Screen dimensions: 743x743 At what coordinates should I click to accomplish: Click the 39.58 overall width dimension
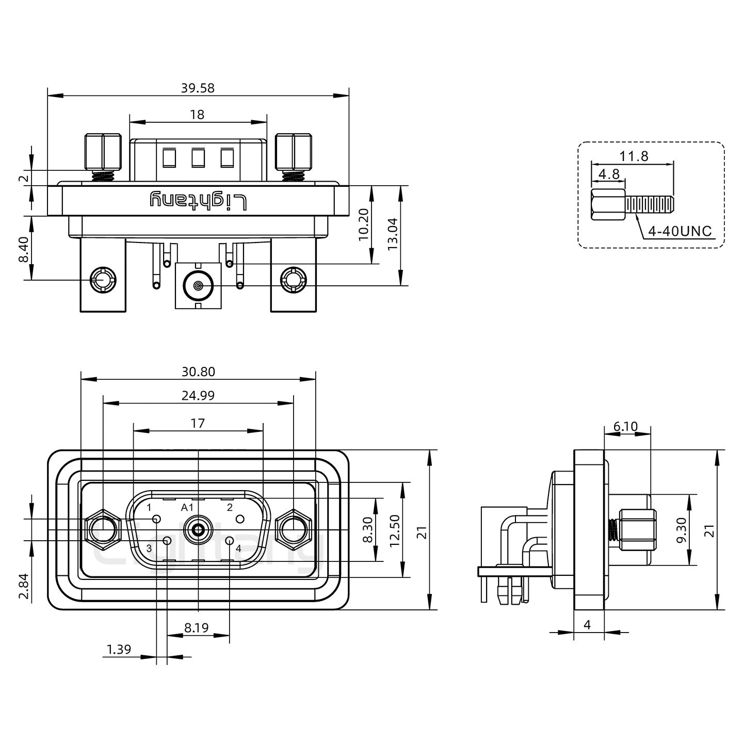tap(197, 88)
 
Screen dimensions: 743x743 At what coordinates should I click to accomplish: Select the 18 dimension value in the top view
tap(197, 115)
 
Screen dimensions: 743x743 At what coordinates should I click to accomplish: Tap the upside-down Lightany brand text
tap(198, 200)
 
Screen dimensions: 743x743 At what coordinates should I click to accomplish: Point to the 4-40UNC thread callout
tap(680, 231)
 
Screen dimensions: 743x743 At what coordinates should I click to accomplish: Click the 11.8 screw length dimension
tap(634, 156)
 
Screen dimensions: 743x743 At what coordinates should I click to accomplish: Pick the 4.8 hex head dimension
tap(609, 174)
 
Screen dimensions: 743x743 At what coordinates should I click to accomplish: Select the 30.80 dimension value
tap(198, 372)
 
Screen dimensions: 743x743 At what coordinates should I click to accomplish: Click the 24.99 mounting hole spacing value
tap(198, 396)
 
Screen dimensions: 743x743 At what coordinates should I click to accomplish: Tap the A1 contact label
tap(187, 507)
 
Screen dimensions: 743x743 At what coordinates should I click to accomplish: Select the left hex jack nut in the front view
tap(103, 530)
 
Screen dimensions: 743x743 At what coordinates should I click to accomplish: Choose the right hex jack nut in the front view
tap(294, 530)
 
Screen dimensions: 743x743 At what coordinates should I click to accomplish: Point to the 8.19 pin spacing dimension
tap(196, 628)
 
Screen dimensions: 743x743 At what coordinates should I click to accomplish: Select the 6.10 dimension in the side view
tap(625, 427)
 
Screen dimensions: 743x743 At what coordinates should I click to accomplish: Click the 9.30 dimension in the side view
tap(682, 530)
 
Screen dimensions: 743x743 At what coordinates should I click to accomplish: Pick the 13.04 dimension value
tap(393, 235)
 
